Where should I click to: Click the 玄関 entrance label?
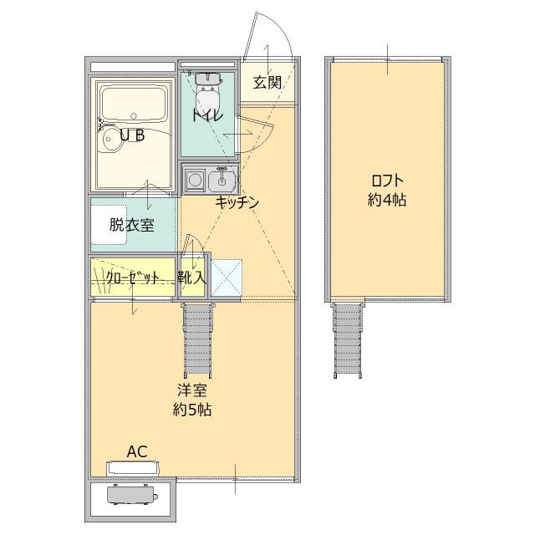267,82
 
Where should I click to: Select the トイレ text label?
206,115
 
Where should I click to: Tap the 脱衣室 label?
131,224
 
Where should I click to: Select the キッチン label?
237,202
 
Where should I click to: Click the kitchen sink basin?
223,178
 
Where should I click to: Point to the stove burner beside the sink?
196,178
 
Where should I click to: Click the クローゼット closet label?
132,278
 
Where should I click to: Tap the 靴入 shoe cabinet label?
192,278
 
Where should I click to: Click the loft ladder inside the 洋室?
197,340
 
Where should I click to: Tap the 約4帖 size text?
386,201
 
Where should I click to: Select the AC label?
136,451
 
